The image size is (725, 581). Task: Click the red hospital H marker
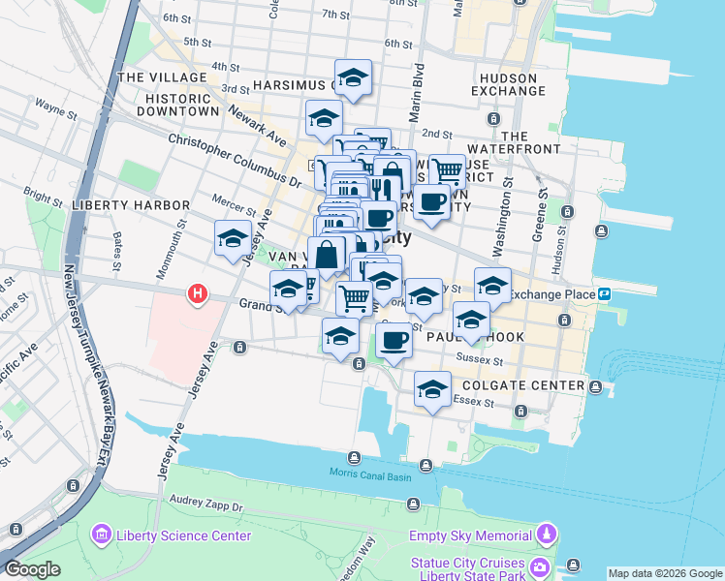198,292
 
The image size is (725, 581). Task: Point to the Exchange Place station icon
603,293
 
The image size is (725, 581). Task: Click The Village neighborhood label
161,77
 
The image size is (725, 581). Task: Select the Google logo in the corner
32,569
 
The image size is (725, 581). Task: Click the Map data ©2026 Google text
664,573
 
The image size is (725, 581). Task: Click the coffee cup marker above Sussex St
394,341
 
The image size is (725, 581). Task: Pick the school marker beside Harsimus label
353,77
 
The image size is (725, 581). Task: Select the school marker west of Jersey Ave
234,238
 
